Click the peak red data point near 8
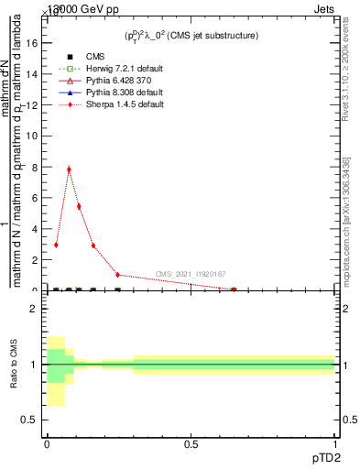pyautogui.click(x=69, y=169)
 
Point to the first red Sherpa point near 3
pyautogui.click(x=56, y=245)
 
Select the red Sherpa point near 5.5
pyautogui.click(x=79, y=206)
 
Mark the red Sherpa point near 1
pyautogui.click(x=117, y=275)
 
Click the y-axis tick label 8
pyautogui.click(x=34, y=168)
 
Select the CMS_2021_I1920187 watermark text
pyautogui.click(x=190, y=274)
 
